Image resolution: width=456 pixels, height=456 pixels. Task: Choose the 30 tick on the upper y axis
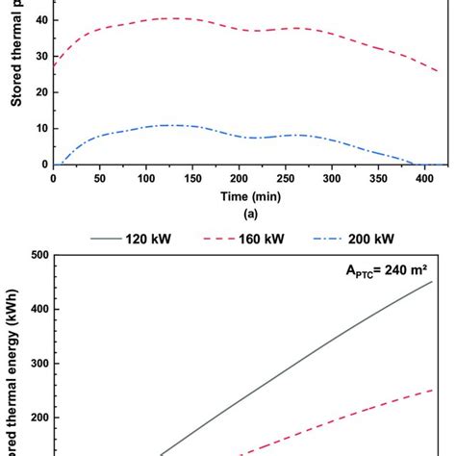tap(38, 56)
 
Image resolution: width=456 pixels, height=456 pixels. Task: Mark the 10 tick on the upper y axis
tap(38, 128)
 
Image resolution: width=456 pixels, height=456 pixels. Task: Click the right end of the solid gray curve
tap(432, 282)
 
